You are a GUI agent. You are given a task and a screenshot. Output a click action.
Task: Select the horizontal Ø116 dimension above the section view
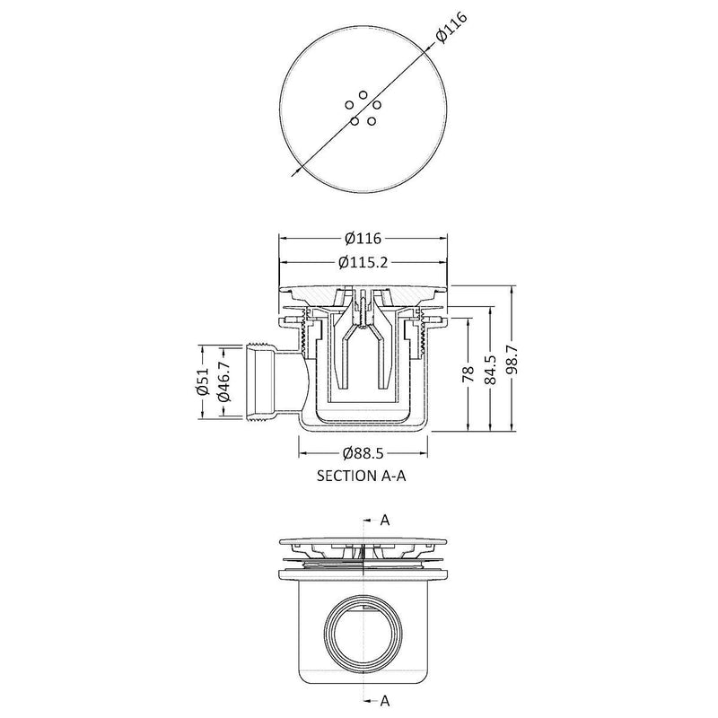[x=364, y=239]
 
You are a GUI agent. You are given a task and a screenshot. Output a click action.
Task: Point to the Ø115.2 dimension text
[x=364, y=262]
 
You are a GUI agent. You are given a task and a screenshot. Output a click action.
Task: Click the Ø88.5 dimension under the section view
[x=364, y=454]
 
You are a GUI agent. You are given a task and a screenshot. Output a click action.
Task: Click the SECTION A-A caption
[x=363, y=477]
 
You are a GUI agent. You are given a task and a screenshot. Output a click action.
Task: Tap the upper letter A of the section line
[x=385, y=520]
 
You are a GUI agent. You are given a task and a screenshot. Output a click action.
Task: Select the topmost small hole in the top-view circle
[x=363, y=94]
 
